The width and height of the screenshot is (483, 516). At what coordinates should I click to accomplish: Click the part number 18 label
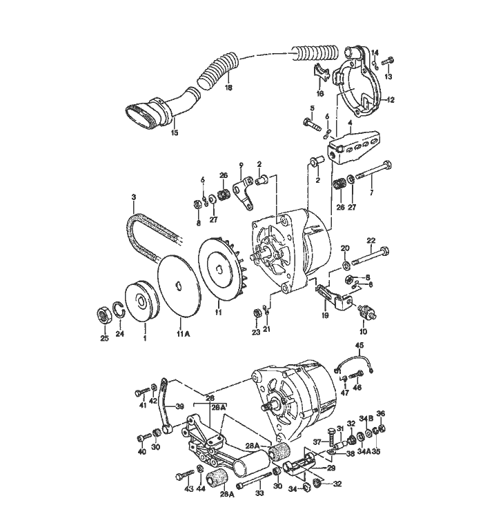click(228, 88)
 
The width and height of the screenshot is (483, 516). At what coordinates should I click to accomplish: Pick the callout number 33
click(259, 493)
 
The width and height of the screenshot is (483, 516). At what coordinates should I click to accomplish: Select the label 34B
click(370, 418)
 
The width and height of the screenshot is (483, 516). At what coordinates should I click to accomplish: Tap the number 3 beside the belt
click(134, 198)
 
